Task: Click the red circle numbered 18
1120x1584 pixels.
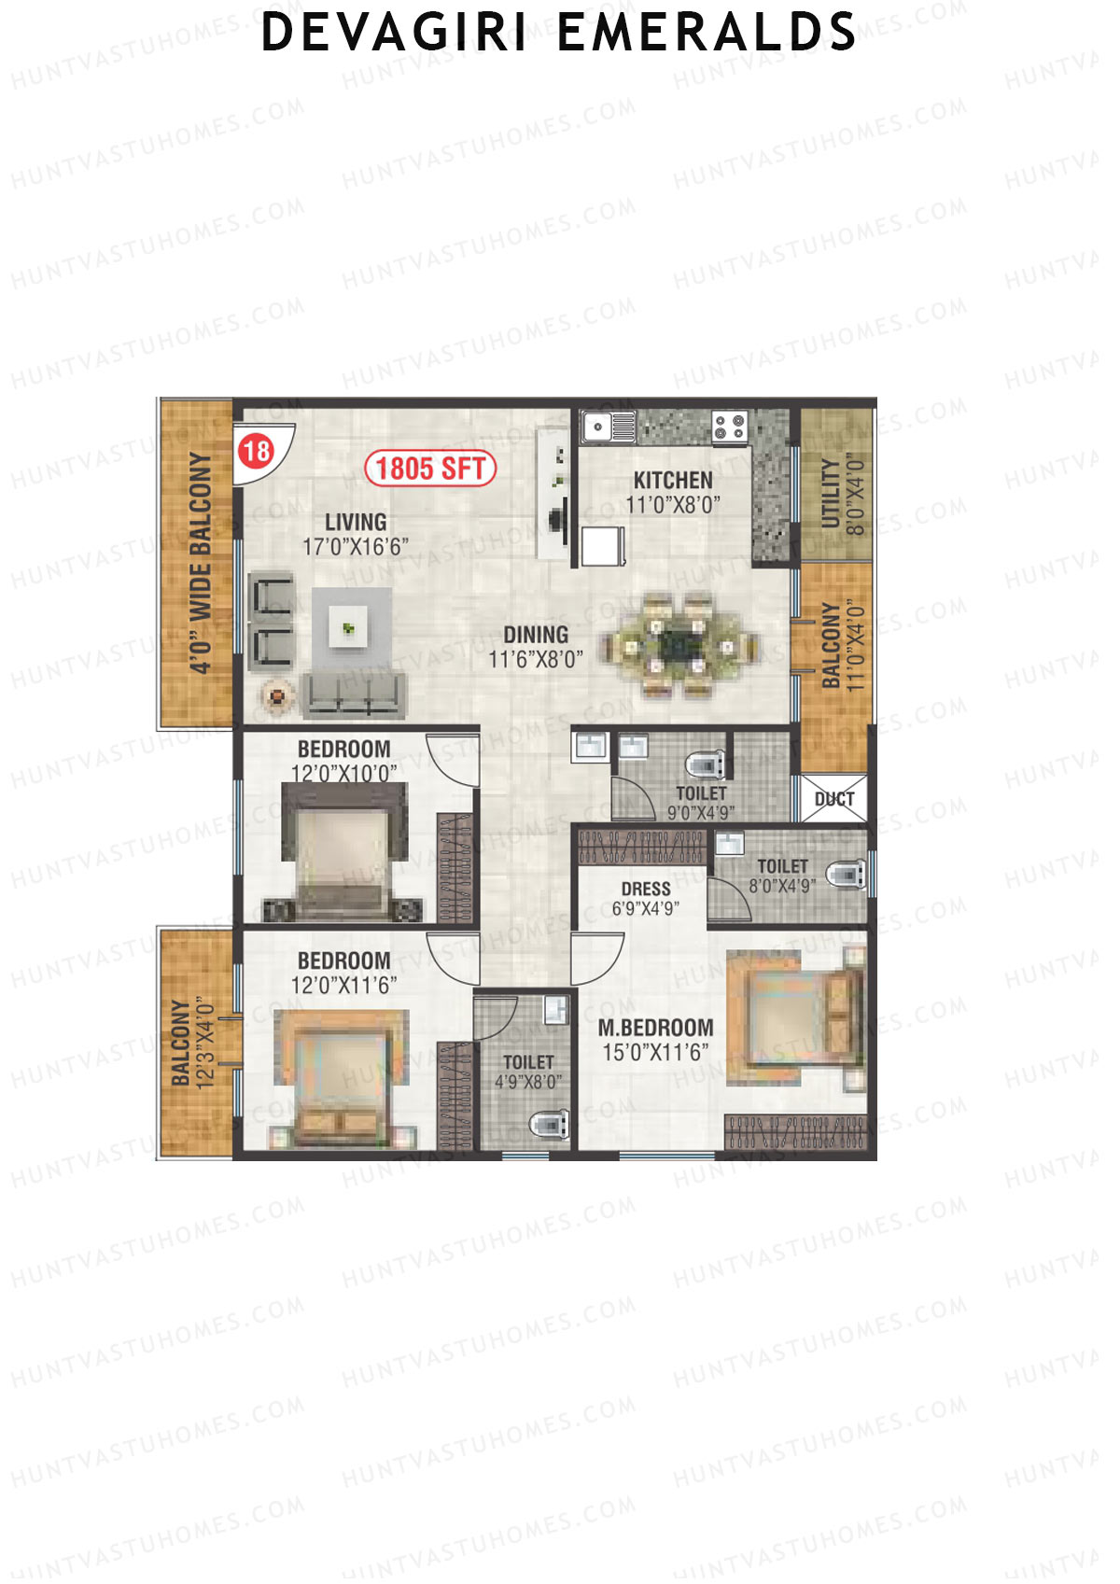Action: [x=256, y=452]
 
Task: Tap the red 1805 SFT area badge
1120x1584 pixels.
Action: [x=429, y=468]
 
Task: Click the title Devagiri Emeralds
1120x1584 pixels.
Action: [x=558, y=33]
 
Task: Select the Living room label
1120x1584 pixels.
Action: [x=356, y=523]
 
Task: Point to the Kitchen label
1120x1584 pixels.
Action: [x=673, y=481]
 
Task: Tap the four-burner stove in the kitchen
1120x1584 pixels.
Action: [x=729, y=428]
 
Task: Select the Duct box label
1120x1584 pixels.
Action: [x=833, y=799]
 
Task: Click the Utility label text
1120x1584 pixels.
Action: [x=831, y=494]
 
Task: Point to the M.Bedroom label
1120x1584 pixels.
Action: [x=655, y=1028]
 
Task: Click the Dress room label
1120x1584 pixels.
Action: [x=646, y=889]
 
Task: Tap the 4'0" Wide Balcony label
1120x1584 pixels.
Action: [x=201, y=563]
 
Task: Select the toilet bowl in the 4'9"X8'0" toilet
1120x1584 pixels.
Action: [x=550, y=1123]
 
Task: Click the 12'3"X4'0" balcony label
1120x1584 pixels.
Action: [x=192, y=1043]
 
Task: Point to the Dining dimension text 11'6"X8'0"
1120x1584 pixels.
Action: [x=536, y=659]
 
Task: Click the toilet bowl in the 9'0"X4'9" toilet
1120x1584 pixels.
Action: [x=706, y=765]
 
